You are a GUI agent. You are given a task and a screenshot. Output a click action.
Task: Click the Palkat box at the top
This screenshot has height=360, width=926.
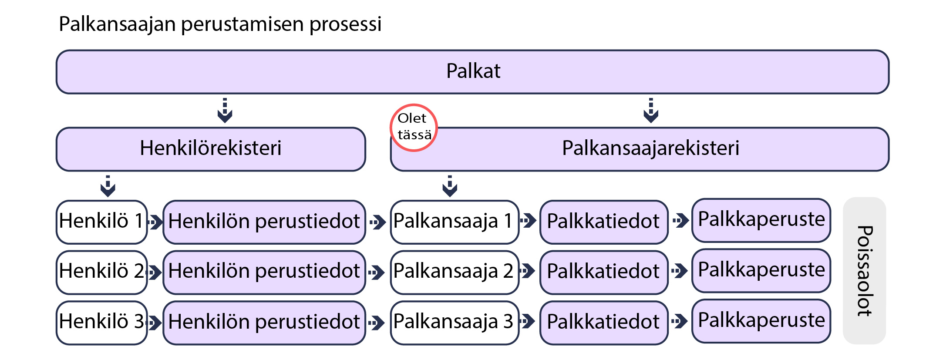coord(472,72)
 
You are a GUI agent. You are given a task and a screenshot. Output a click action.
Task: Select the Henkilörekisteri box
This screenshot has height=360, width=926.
coord(211,149)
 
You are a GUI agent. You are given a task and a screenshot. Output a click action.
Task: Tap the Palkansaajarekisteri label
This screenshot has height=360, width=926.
coord(650,148)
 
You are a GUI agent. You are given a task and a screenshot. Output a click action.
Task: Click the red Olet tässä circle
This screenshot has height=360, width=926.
coord(414,128)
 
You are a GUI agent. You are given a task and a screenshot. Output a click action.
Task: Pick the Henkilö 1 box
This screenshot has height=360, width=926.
coord(101,222)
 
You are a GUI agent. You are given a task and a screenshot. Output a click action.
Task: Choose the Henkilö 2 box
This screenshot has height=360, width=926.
coord(101,272)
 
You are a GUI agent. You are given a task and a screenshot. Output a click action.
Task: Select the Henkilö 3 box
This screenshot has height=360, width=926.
coord(101,323)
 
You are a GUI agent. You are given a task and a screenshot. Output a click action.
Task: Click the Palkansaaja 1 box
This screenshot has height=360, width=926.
coord(454,222)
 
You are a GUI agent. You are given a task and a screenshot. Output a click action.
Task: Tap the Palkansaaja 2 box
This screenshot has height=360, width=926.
coord(454,272)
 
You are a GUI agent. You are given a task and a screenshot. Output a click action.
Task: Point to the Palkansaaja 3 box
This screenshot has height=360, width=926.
coord(454,323)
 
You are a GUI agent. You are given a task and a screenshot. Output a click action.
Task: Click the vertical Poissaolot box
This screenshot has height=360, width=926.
coord(864,271)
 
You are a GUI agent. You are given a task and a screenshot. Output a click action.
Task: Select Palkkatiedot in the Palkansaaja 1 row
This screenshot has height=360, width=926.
coord(603,222)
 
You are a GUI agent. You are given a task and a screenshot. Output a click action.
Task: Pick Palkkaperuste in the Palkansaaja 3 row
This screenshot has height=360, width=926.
coord(761,321)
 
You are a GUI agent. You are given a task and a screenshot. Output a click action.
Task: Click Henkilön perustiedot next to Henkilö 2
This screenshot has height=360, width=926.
coord(264,272)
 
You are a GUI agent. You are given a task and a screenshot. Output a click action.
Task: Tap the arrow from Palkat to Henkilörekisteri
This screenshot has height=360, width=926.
coord(225,111)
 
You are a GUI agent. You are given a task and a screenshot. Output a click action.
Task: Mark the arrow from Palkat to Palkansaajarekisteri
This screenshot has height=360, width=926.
coord(650,111)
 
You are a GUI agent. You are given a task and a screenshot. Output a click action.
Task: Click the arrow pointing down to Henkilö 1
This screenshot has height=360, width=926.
coord(108,186)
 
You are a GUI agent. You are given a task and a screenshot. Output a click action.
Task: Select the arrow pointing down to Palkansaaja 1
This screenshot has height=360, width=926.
coord(450,186)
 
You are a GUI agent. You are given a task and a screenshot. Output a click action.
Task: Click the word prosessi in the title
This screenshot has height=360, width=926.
coord(345,24)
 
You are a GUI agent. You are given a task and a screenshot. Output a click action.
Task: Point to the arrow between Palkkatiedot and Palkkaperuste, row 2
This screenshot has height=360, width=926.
coord(680,271)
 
